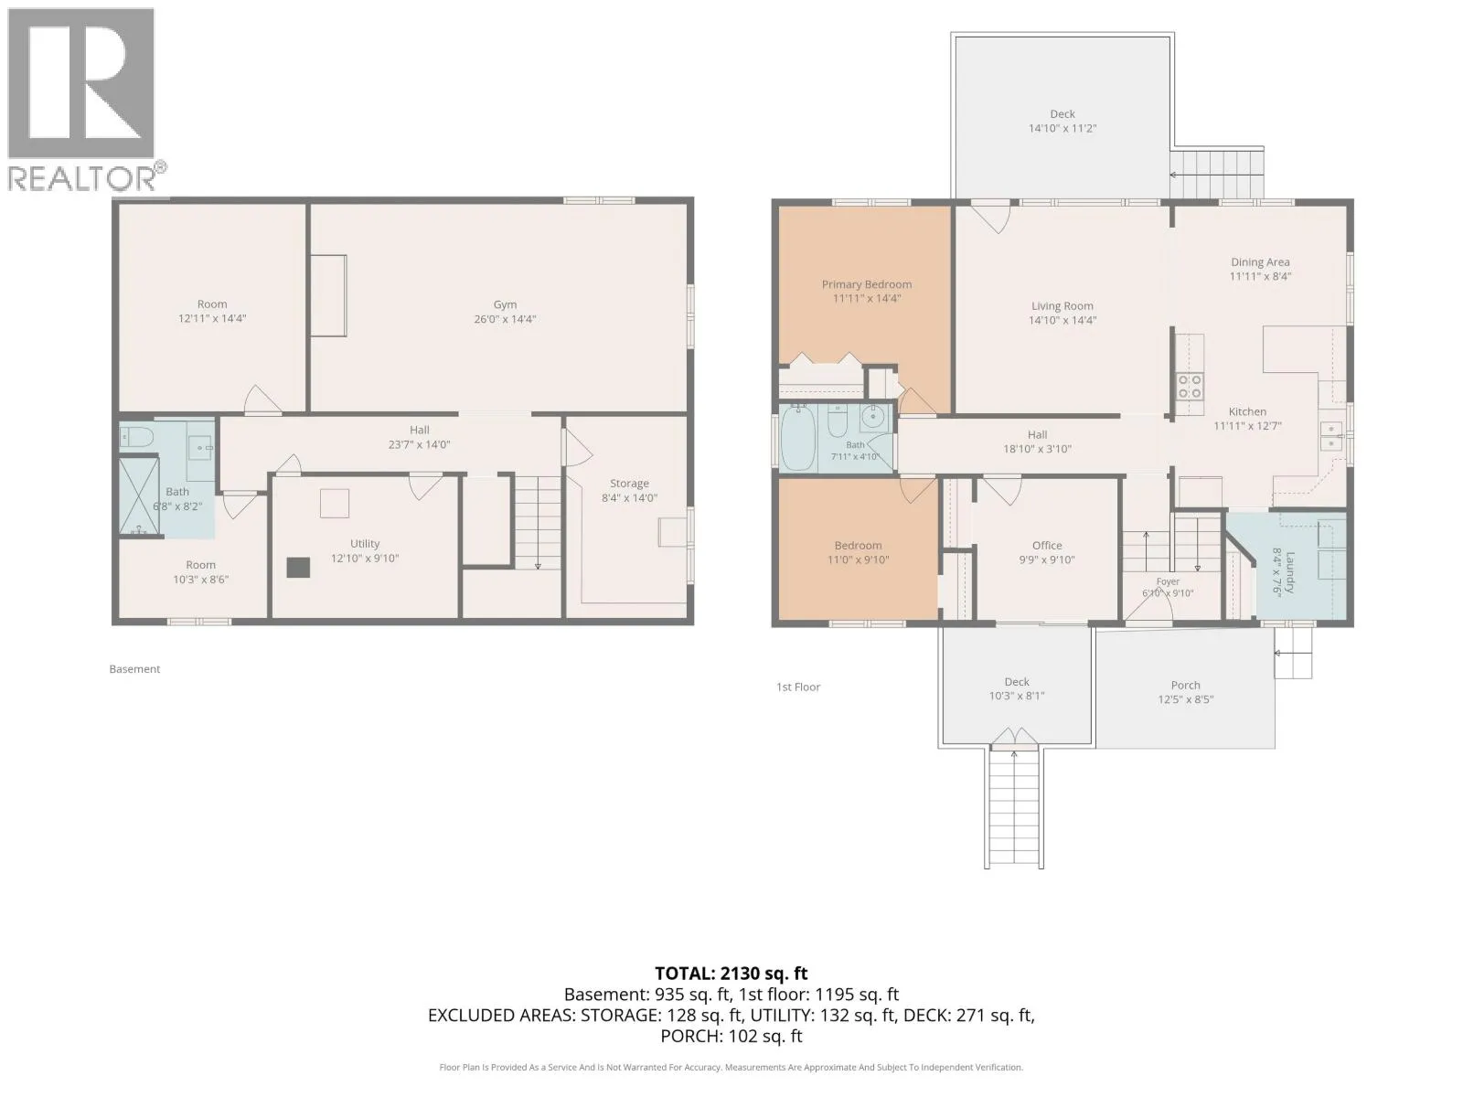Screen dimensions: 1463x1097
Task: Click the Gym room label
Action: pyautogui.click(x=505, y=304)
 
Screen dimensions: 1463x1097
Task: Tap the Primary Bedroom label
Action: pyautogui.click(x=867, y=284)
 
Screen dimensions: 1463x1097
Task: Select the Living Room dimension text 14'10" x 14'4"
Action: pyautogui.click(x=1063, y=320)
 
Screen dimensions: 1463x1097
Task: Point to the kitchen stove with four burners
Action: pyautogui.click(x=1190, y=387)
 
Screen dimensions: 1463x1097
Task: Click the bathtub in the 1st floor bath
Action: pyautogui.click(x=797, y=438)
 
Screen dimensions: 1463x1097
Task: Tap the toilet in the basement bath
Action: pyautogui.click(x=136, y=437)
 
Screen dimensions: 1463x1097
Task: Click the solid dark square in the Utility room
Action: pyautogui.click(x=298, y=568)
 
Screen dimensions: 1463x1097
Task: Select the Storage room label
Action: pyautogui.click(x=629, y=484)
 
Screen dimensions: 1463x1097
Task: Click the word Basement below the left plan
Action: pyautogui.click(x=134, y=669)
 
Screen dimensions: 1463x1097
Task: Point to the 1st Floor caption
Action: pyautogui.click(x=798, y=687)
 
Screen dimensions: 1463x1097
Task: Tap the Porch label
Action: pyautogui.click(x=1185, y=685)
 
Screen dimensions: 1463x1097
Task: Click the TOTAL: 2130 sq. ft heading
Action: pyautogui.click(x=731, y=974)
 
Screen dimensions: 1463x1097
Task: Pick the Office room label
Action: pyautogui.click(x=1046, y=546)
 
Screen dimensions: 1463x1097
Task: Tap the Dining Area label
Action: pyautogui.click(x=1260, y=262)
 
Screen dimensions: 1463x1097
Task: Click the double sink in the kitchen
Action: pyautogui.click(x=1331, y=436)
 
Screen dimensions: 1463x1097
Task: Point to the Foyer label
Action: pyautogui.click(x=1168, y=581)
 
